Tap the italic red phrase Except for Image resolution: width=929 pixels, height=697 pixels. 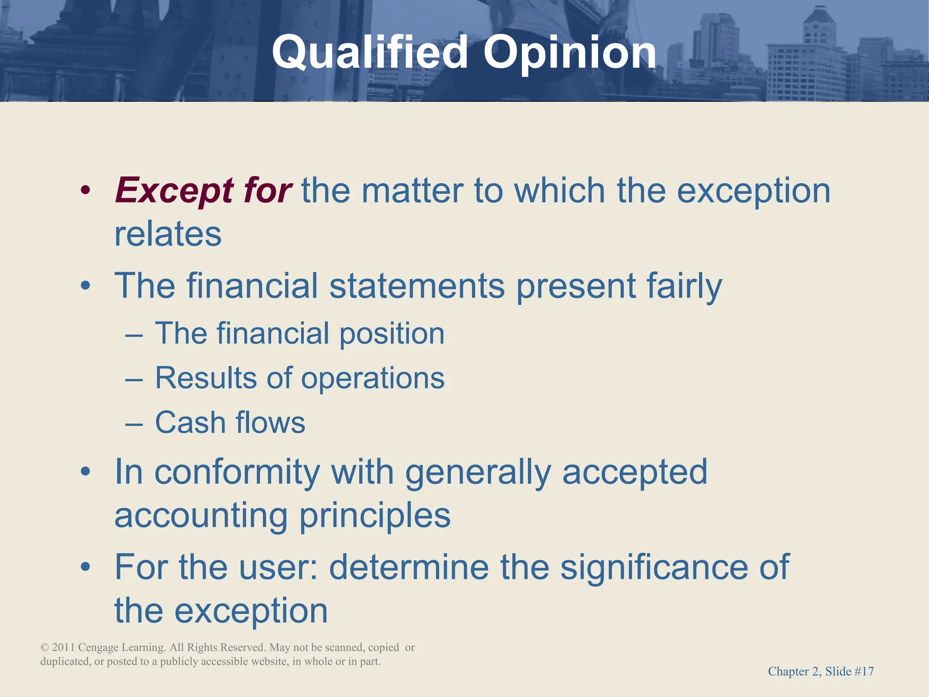pyautogui.click(x=203, y=190)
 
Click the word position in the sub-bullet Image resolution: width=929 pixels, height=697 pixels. pyautogui.click(x=392, y=334)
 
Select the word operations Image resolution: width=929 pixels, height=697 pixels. pyautogui.click(x=372, y=378)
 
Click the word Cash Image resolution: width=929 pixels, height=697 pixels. pyautogui.click(x=190, y=422)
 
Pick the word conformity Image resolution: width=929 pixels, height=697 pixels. pyautogui.click(x=237, y=472)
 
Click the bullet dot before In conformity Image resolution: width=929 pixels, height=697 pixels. pyautogui.click(x=85, y=472)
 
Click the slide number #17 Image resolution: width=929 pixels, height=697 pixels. pyautogui.click(x=864, y=671)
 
